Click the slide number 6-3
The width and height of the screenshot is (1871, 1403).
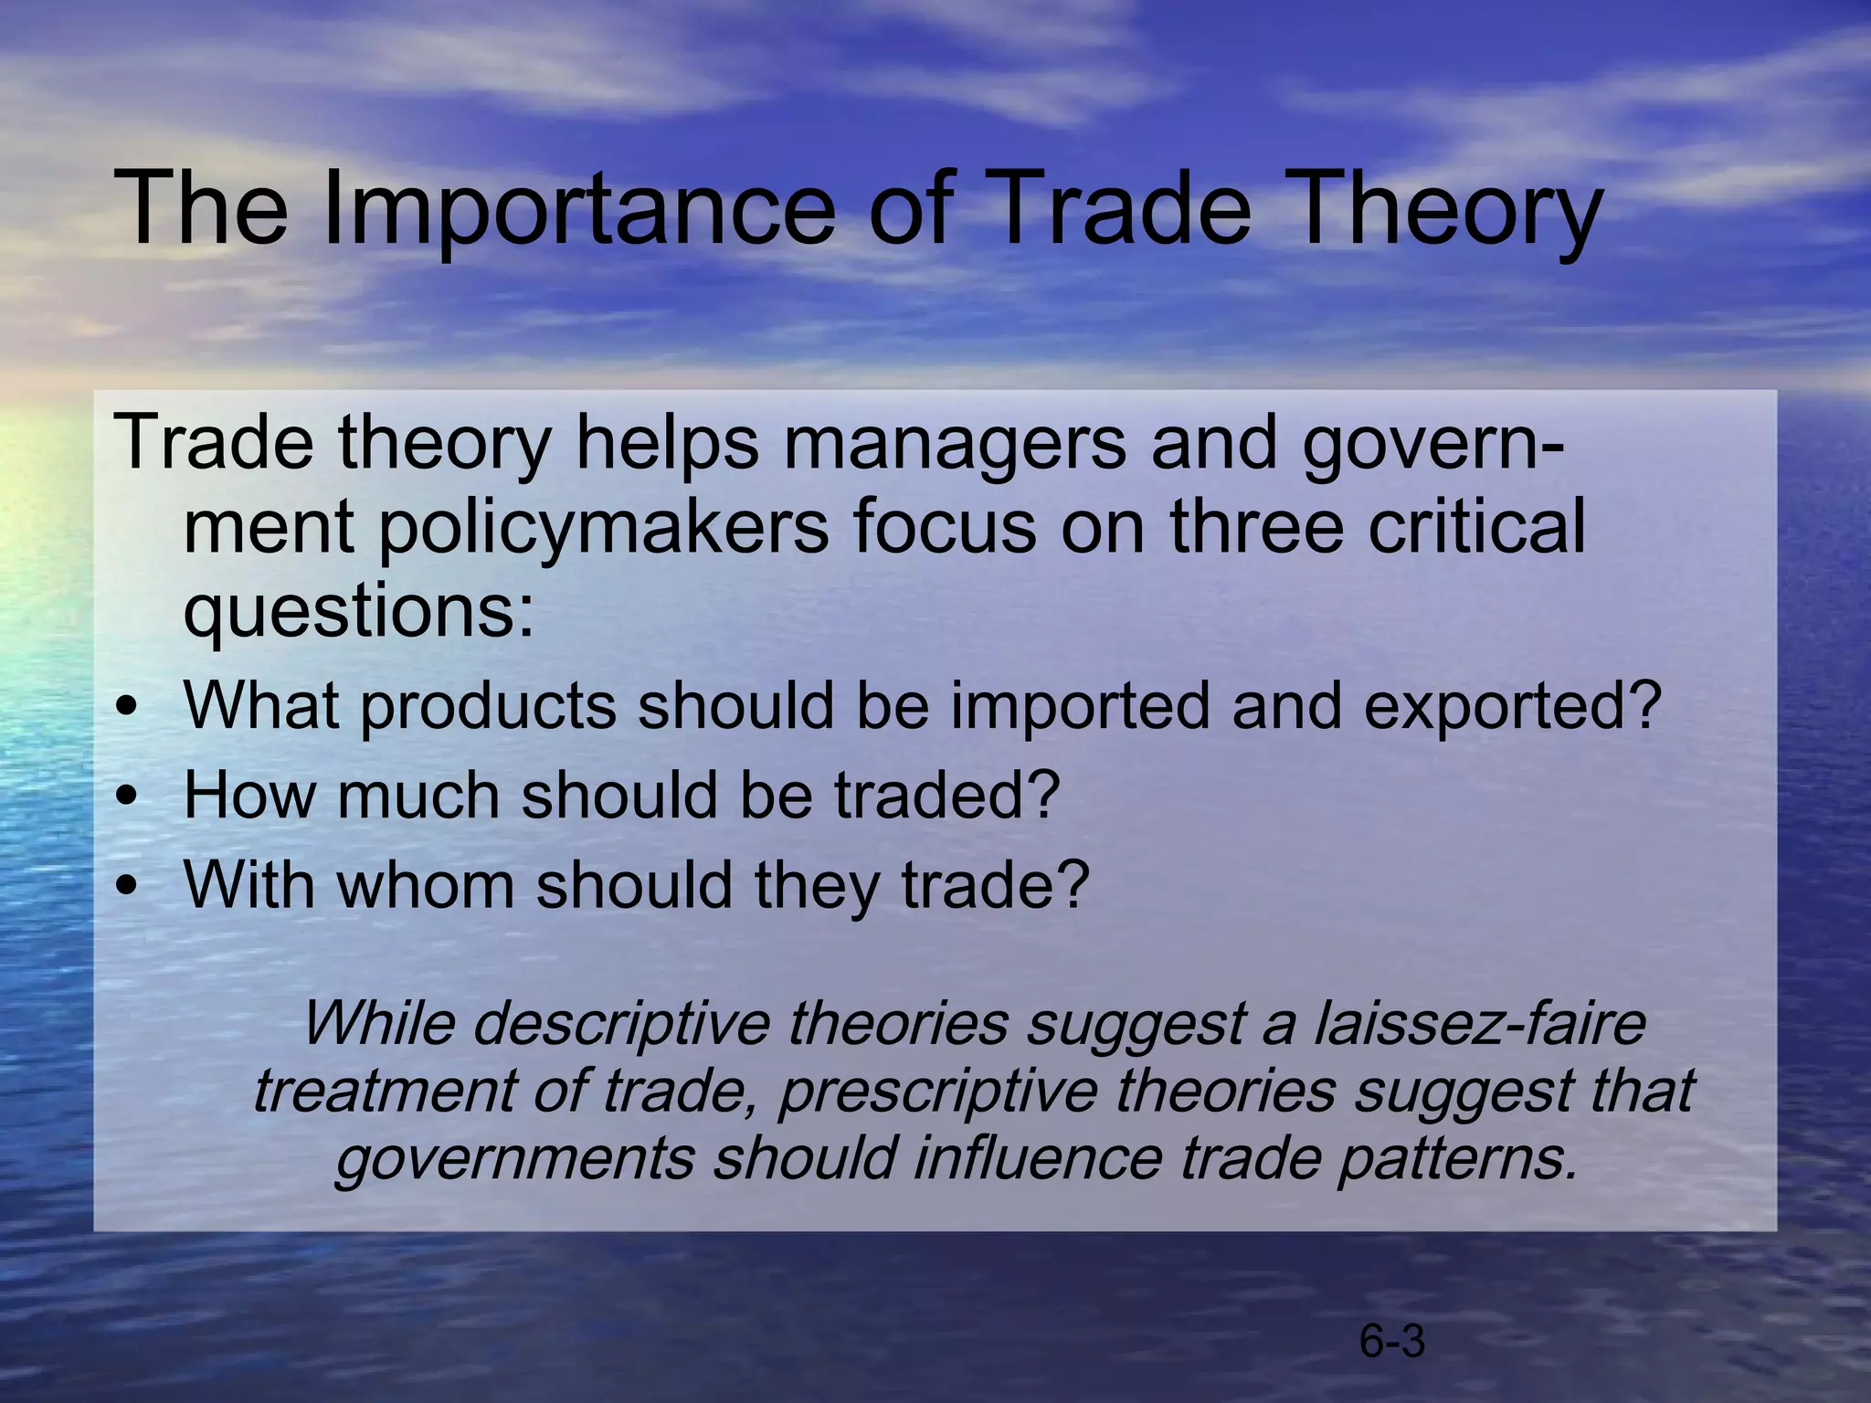coord(1392,1342)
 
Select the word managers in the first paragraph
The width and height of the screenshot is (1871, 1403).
coord(955,444)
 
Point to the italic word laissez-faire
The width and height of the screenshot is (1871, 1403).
coord(1480,1024)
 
